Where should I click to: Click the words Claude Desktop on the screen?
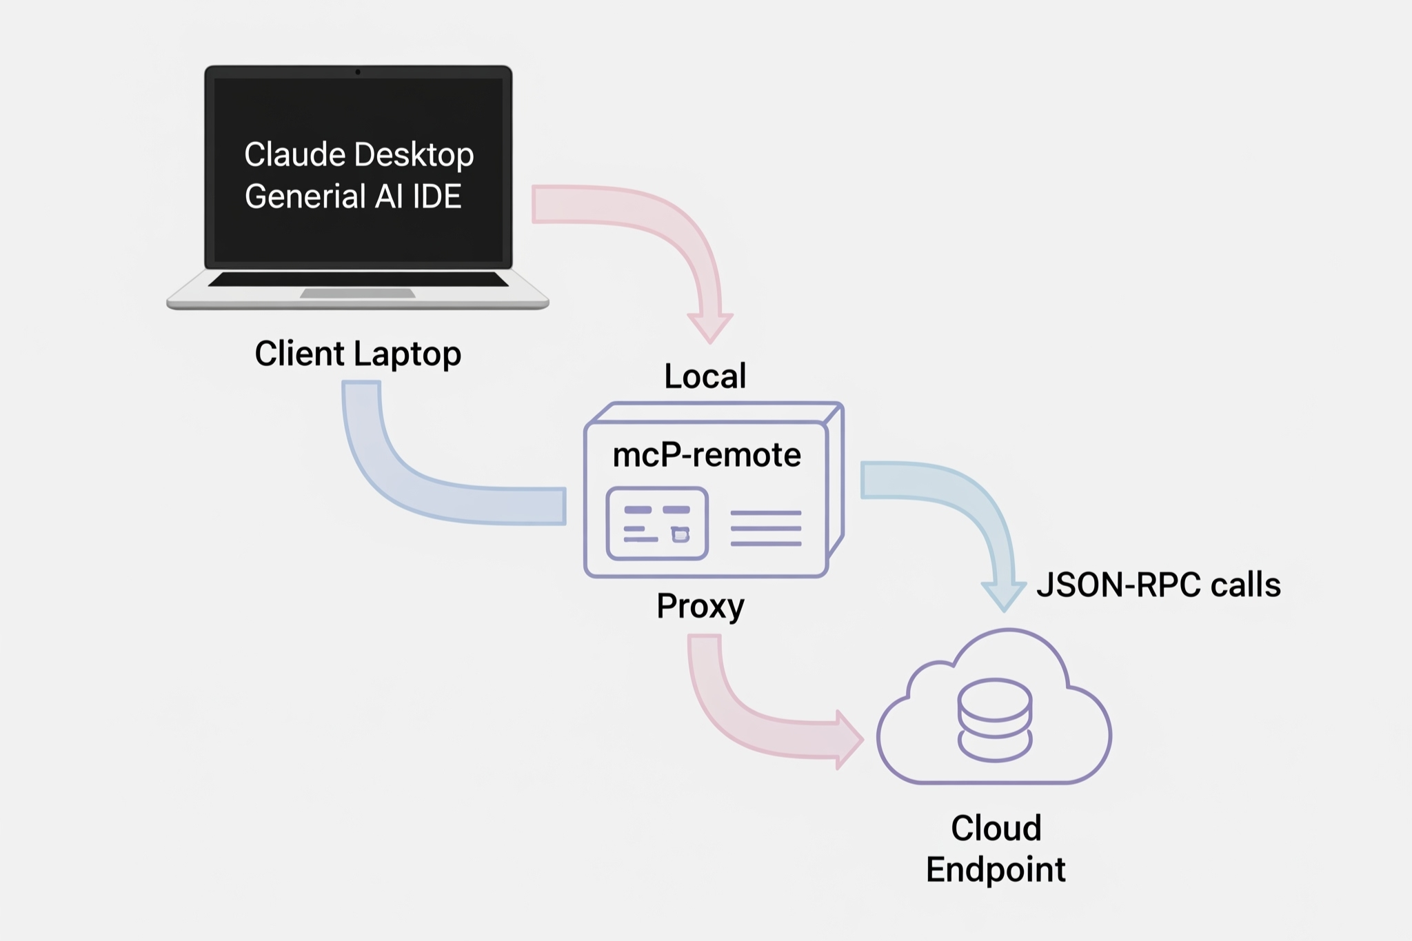tap(359, 154)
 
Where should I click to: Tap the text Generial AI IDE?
tap(353, 196)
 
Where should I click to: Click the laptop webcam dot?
tap(358, 72)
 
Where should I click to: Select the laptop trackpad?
tap(358, 294)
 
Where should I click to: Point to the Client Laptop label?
tap(358, 354)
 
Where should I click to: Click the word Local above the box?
tap(705, 376)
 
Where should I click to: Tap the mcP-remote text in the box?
tap(707, 455)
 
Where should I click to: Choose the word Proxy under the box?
tap(700, 606)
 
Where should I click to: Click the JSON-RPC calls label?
tap(1158, 585)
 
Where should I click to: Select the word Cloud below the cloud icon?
tap(996, 828)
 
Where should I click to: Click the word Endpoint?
tap(996, 869)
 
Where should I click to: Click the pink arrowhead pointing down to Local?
tap(710, 327)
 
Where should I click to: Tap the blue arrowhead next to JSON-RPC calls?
tap(1004, 595)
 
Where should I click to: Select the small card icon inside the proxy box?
tap(657, 523)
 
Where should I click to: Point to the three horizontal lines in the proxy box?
tap(765, 528)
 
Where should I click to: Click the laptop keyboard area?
tap(358, 279)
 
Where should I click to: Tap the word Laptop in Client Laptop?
tap(407, 354)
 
